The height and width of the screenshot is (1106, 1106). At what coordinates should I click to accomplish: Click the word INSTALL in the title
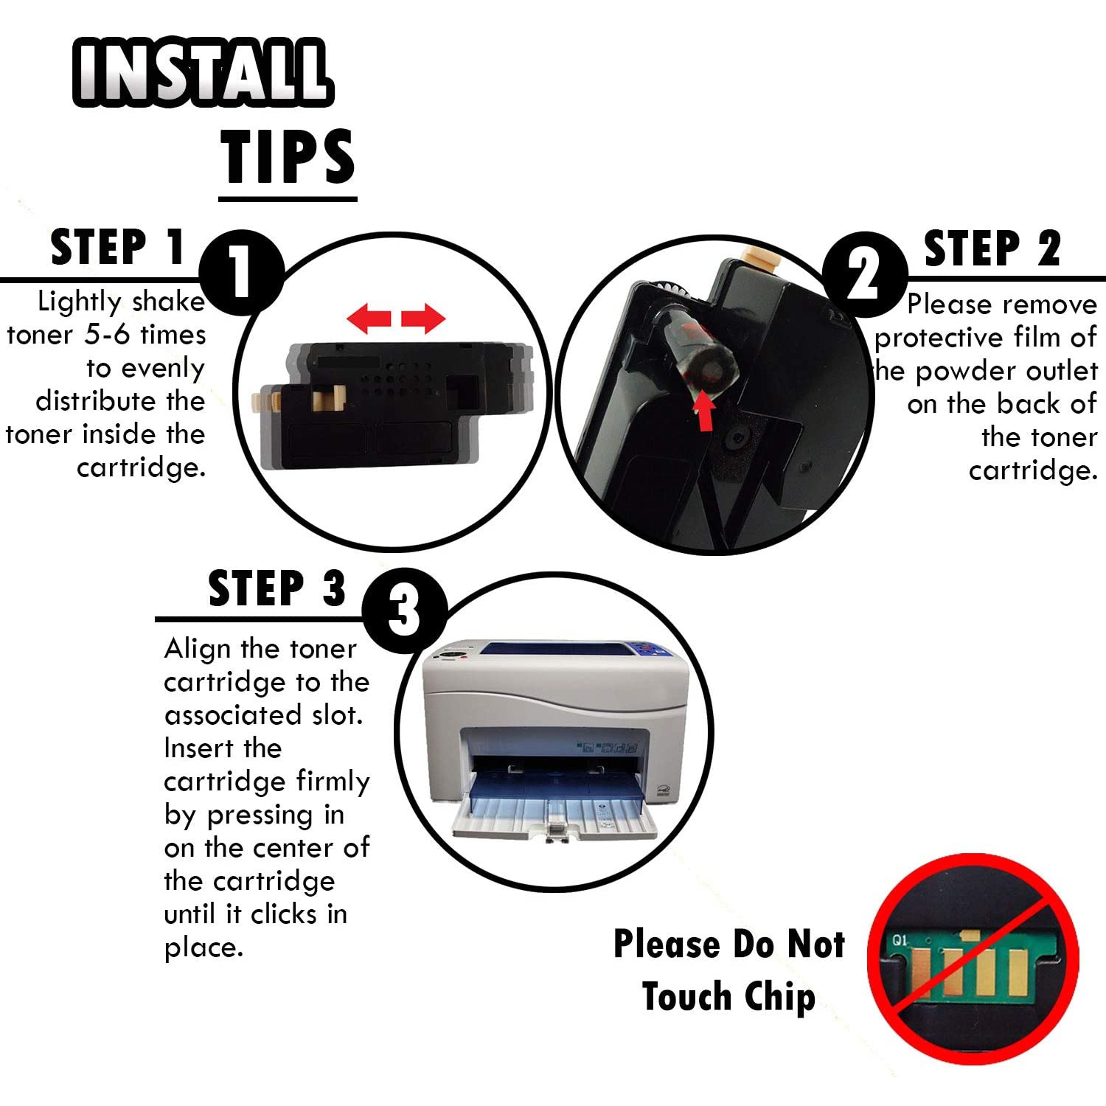(203, 71)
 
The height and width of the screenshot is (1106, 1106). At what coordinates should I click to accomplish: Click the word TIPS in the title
(288, 156)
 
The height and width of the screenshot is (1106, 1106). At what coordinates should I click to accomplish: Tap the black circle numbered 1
(242, 273)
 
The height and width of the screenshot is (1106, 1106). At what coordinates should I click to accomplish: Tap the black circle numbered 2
(864, 274)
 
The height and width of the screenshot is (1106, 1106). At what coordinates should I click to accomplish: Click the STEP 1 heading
(118, 247)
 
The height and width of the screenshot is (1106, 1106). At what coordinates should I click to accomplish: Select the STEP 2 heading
(992, 248)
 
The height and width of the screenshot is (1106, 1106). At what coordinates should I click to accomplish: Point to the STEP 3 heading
(277, 588)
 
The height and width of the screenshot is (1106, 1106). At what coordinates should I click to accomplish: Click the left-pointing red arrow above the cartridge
(369, 319)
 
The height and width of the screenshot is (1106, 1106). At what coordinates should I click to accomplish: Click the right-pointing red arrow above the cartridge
(423, 319)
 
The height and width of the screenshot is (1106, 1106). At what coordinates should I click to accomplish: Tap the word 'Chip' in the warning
(779, 997)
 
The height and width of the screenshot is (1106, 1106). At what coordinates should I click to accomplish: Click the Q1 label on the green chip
(900, 940)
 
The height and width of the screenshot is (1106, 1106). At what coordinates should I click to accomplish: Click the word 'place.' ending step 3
(204, 948)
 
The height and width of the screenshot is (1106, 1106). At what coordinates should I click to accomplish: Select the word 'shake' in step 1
(169, 302)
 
